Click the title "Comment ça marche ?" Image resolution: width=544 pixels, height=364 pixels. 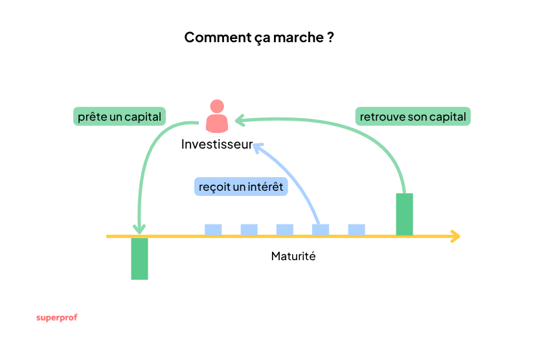(x=259, y=37)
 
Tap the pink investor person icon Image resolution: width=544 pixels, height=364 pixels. (x=217, y=116)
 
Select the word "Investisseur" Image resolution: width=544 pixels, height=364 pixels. (x=216, y=144)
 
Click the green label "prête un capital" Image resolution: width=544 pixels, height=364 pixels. (x=120, y=117)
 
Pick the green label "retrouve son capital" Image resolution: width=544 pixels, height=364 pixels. (x=413, y=117)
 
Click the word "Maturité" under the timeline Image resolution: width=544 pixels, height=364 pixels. (x=293, y=256)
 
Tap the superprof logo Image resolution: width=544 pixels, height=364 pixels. (x=56, y=318)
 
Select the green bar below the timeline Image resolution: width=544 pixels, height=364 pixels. (x=139, y=258)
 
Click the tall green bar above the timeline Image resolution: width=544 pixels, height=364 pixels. (x=404, y=214)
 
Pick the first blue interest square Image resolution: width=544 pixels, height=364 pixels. (x=213, y=230)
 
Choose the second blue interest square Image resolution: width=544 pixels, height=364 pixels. (x=249, y=230)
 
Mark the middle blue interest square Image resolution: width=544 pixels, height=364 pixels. (x=285, y=230)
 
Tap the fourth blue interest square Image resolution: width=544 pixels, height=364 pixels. (x=321, y=230)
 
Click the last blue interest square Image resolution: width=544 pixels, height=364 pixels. (x=356, y=230)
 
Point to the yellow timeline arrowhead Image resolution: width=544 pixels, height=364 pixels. (x=456, y=236)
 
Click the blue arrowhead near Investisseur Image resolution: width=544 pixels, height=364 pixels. (x=256, y=147)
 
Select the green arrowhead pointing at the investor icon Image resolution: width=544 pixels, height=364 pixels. (x=238, y=120)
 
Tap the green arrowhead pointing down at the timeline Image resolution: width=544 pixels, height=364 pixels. (x=139, y=228)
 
